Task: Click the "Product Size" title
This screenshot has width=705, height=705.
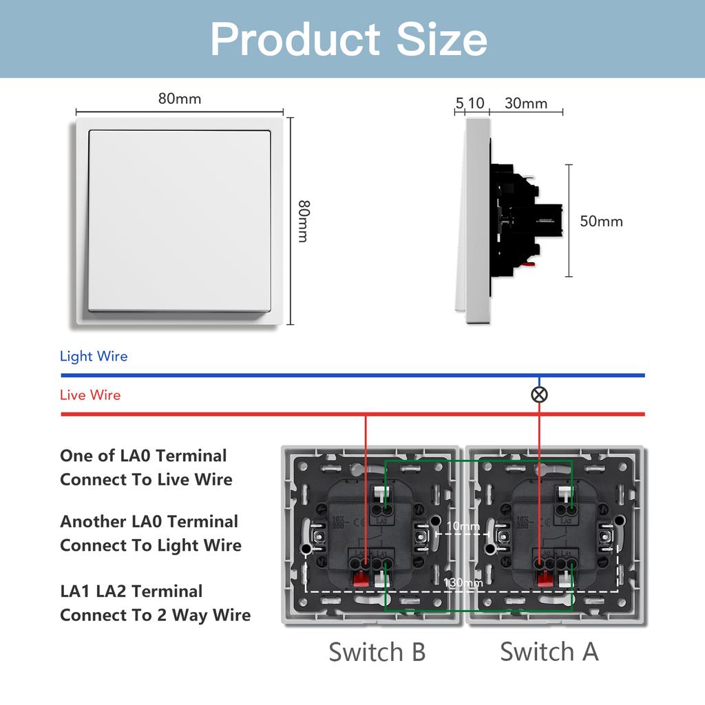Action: click(349, 39)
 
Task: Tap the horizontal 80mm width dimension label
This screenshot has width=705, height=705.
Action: click(180, 98)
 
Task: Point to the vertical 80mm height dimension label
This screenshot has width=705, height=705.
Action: click(302, 221)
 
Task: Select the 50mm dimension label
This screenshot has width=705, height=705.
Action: click(601, 221)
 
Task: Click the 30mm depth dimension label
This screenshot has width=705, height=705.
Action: click(526, 103)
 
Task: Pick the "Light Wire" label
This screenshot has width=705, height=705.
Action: click(94, 357)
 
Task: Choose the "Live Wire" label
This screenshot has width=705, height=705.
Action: click(90, 395)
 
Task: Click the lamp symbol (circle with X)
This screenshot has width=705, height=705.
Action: click(539, 394)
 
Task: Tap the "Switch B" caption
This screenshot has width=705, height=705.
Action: click(377, 651)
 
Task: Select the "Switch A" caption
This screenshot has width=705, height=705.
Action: click(549, 651)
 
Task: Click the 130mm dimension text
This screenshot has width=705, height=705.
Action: click(462, 583)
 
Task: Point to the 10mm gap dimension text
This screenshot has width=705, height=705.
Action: click(463, 527)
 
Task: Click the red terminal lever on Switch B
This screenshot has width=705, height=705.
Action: click(359, 577)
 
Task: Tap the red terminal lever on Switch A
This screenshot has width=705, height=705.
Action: click(545, 577)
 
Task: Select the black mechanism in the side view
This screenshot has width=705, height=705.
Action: click(523, 219)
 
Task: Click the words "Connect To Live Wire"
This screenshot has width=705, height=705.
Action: click(146, 480)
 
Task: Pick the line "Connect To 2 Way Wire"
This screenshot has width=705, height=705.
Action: click(155, 615)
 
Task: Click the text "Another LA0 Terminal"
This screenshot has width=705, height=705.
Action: click(149, 522)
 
